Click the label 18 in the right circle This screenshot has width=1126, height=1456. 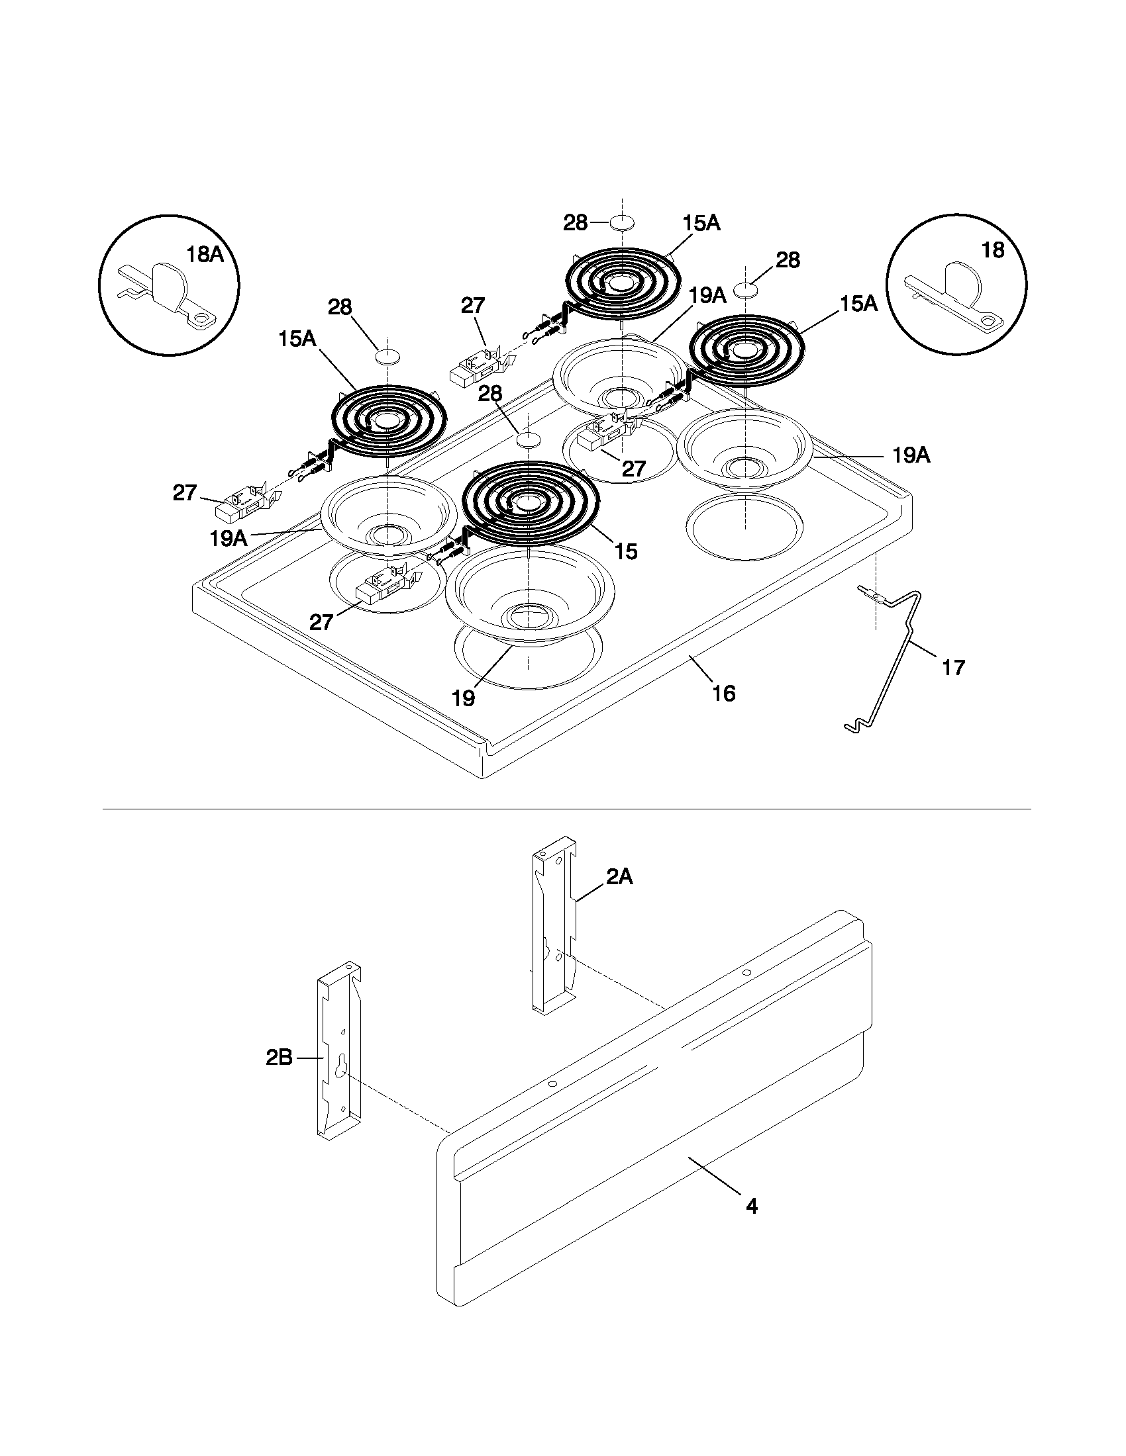(x=993, y=250)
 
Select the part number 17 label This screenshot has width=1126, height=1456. (x=953, y=667)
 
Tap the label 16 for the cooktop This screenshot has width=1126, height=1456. (x=724, y=694)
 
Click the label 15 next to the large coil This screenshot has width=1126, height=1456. (x=626, y=551)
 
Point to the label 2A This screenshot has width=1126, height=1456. (x=619, y=878)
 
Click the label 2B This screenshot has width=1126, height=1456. (x=279, y=1058)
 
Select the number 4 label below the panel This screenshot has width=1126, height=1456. (x=752, y=1206)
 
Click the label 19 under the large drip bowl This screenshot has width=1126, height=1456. (x=463, y=698)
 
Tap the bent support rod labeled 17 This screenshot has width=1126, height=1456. (x=897, y=653)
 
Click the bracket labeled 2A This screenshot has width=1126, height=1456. (x=553, y=933)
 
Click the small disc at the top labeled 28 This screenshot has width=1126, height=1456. (x=621, y=222)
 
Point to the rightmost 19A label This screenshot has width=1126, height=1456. (x=911, y=456)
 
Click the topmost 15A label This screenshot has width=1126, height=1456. (x=701, y=223)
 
